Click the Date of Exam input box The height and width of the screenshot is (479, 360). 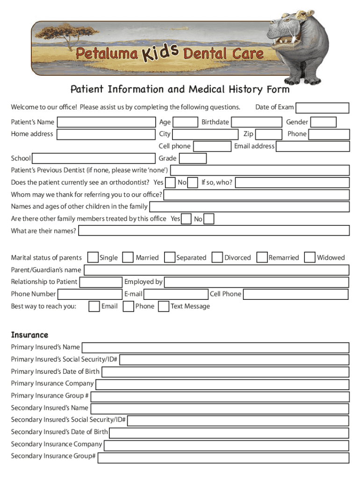tap(323, 108)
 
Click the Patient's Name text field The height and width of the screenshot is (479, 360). tap(106, 123)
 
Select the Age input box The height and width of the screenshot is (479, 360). tap(187, 123)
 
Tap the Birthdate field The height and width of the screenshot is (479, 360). tap(257, 123)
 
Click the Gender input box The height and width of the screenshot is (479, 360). tap(324, 123)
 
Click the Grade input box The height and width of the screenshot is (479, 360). tap(193, 159)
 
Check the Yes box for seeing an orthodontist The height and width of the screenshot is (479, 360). tap(171, 183)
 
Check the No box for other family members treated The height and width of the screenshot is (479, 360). tap(209, 219)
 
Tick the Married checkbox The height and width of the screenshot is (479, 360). tap(128, 258)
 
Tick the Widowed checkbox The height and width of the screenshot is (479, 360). tap(310, 258)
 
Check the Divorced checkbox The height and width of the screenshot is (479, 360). tap(217, 258)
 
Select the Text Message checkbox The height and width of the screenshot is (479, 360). tap(164, 306)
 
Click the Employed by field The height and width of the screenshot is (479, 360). tap(257, 283)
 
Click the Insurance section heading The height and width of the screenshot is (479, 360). tap(29, 335)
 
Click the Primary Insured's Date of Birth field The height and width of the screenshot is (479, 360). tap(225, 372)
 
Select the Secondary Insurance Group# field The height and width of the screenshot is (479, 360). tap(223, 457)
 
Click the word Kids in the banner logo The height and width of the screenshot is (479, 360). tap(160, 52)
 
